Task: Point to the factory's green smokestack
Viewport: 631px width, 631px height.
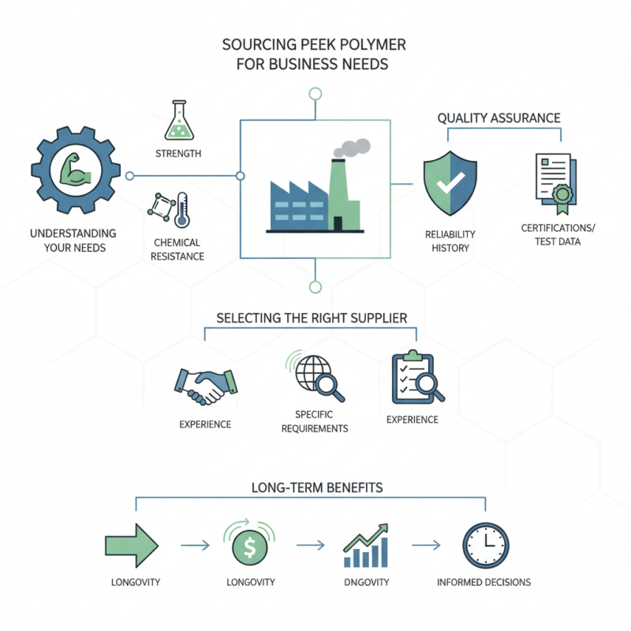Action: [x=338, y=193]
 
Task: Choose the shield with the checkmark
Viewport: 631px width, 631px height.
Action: [x=449, y=184]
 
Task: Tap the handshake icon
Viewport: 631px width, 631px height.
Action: [x=203, y=385]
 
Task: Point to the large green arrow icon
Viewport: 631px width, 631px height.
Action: [x=132, y=544]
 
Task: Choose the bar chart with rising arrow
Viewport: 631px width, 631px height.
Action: [x=366, y=546]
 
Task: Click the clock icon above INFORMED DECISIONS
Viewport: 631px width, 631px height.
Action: [x=485, y=545]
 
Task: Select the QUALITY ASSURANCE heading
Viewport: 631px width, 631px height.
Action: [x=498, y=118]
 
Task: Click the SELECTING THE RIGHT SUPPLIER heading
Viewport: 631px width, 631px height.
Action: [x=312, y=318]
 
